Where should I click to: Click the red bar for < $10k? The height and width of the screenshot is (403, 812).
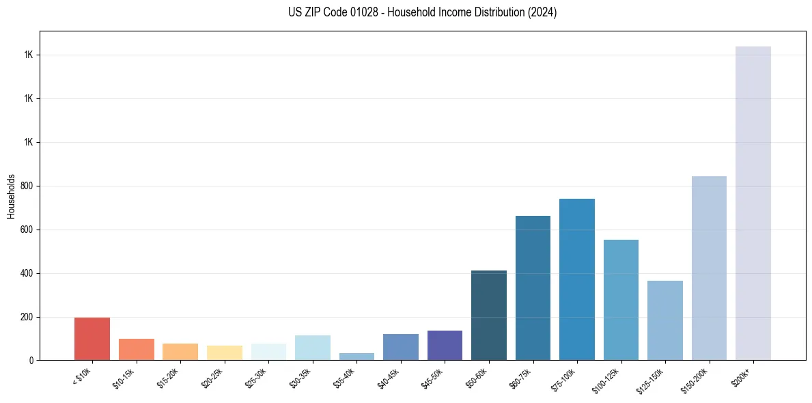click(92, 339)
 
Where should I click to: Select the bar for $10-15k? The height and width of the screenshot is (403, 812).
click(136, 349)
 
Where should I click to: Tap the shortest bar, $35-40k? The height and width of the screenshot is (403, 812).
click(356, 357)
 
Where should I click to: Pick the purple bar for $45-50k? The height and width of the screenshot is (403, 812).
click(445, 345)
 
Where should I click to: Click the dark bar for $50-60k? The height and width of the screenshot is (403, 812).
click(489, 316)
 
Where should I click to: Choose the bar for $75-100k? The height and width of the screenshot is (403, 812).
click(577, 279)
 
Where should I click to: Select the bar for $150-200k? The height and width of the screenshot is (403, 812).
click(709, 268)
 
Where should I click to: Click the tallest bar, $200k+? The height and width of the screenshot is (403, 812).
click(753, 203)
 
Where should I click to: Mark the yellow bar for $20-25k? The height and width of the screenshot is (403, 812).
click(225, 352)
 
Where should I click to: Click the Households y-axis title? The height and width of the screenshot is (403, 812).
click(11, 196)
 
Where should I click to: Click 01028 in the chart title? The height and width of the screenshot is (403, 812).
click(363, 12)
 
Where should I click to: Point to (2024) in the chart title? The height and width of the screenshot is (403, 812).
click(543, 12)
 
